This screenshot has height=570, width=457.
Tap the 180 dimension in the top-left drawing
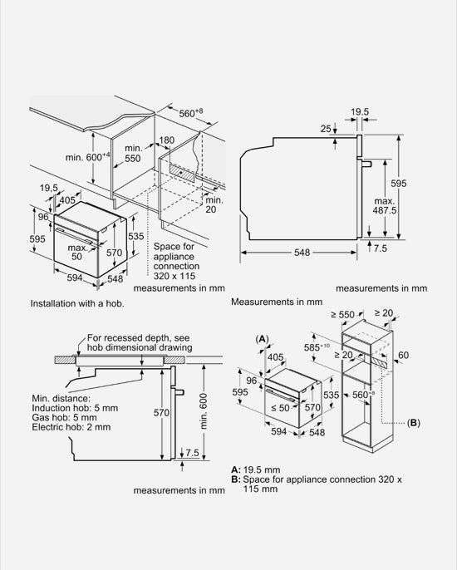coord(166,140)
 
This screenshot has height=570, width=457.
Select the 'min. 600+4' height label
coord(87,157)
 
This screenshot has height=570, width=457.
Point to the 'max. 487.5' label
coord(385,206)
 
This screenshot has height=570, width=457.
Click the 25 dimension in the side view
coord(326,128)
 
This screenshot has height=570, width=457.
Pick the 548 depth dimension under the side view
coord(302,252)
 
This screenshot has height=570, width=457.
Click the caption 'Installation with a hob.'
coord(77,303)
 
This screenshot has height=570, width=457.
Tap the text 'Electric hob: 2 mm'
coord(71,427)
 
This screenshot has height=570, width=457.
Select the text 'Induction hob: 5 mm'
coord(75,408)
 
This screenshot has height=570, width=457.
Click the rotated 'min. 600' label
coord(204,410)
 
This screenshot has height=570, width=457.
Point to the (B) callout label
coord(413,423)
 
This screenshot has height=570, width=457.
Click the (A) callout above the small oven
coord(262,339)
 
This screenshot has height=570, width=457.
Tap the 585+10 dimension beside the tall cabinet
coord(317,347)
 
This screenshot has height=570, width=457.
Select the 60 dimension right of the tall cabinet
coord(403,355)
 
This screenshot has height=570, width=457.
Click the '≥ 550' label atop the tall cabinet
coord(342,314)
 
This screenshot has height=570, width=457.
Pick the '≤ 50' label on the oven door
coord(280,408)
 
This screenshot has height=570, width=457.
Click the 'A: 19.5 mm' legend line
coord(256,469)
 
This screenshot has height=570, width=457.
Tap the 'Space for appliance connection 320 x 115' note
coord(176,261)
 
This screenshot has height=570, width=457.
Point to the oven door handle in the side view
coord(366,164)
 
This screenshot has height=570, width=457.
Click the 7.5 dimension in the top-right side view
coord(381,248)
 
